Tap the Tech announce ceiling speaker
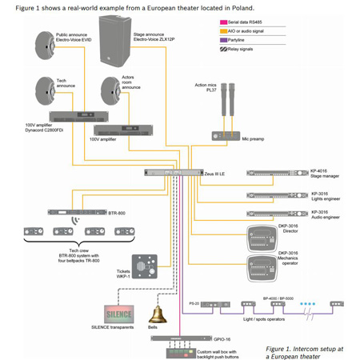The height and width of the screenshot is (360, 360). [x=41, y=90]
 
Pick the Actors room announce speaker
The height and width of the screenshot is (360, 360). [x=110, y=90]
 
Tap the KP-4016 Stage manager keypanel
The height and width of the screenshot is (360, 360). [x=276, y=172]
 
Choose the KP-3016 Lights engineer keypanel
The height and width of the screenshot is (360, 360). [x=276, y=194]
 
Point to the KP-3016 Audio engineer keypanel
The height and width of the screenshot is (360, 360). [x=276, y=213]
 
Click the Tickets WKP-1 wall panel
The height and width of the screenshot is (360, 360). [x=143, y=263]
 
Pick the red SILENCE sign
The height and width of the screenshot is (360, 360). [x=114, y=311]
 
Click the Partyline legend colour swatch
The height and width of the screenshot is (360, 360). [x=223, y=39]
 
